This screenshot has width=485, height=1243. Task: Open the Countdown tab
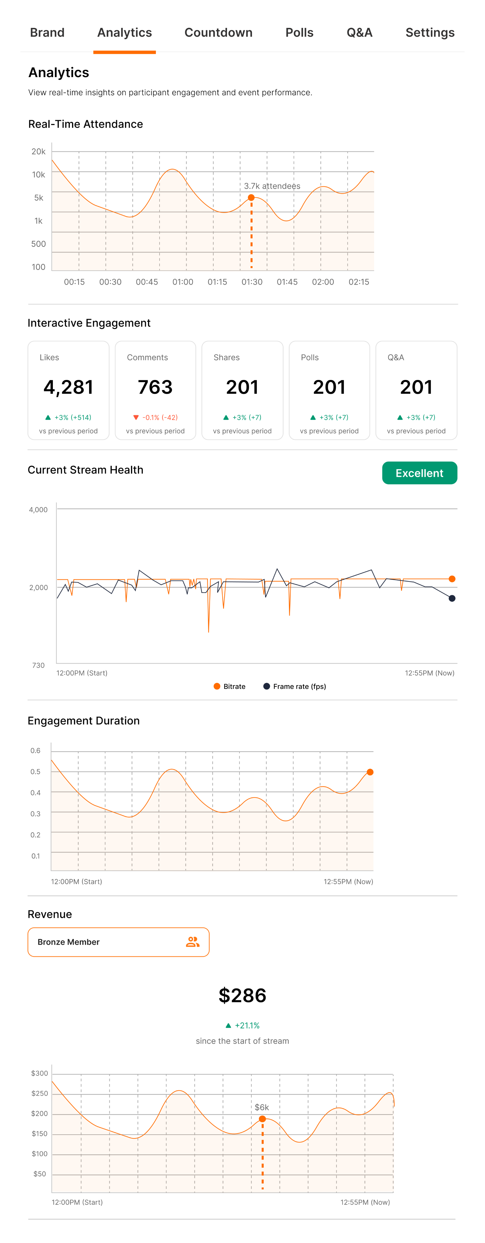pos(218,33)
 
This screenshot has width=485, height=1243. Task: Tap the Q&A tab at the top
pos(359,33)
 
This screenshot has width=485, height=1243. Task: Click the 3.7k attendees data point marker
pos(251,197)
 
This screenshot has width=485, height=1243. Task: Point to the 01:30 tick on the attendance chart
pos(252,282)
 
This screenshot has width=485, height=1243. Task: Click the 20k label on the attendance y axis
pos(39,151)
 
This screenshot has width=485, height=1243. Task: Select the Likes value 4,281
pos(68,387)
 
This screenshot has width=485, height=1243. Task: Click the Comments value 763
pos(155,387)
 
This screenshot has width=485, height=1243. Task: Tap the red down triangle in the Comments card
pos(136,417)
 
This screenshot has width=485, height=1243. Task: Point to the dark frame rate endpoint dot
pos(452,598)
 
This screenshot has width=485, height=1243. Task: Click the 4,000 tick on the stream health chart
pos(38,510)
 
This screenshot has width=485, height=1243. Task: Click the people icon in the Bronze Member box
pos(192,942)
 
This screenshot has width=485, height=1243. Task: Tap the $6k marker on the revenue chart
pos(262,1119)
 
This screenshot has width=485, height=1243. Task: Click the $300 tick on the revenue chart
pos(40,1073)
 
